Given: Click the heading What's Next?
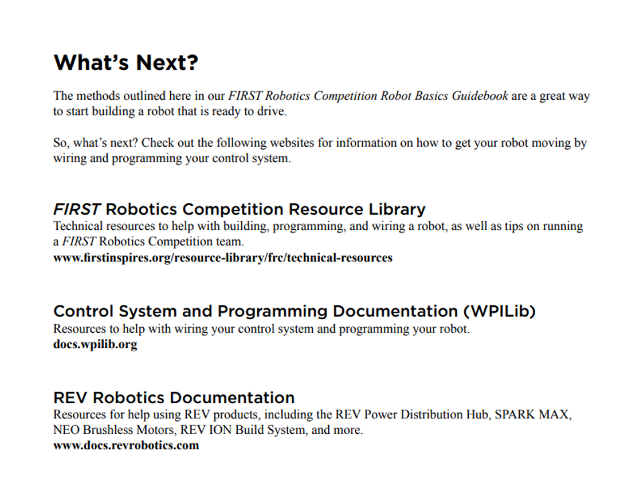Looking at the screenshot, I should [126, 62].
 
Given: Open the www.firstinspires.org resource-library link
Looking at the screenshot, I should [222, 258].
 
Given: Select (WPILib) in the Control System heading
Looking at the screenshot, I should [499, 311].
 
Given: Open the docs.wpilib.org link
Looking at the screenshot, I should [95, 345].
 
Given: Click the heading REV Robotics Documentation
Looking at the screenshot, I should [173, 397].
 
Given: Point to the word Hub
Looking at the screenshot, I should [479, 414].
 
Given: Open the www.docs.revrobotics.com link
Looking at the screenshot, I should [126, 445].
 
